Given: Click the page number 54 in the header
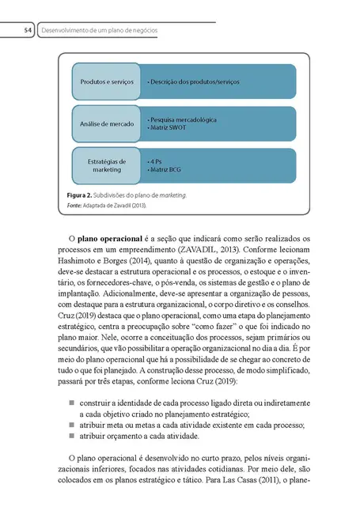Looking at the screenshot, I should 27,30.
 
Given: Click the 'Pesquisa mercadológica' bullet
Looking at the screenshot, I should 183,119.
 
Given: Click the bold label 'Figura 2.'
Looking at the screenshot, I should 84,194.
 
